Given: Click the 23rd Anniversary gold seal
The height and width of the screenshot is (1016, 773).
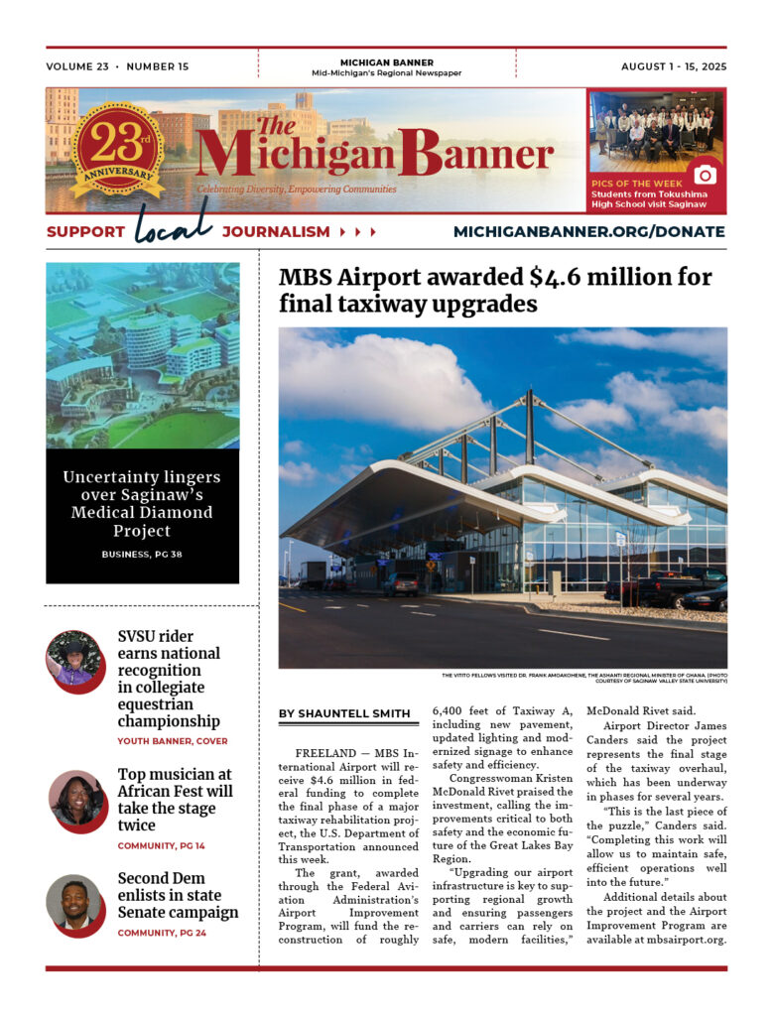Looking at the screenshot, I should coord(117,150).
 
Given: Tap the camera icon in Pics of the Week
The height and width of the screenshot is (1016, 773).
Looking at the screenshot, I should coord(705,175).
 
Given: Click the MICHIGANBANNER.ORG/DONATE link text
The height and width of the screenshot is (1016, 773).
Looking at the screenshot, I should coord(588,232).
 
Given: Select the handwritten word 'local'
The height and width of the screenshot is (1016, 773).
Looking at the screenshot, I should coord(174,223).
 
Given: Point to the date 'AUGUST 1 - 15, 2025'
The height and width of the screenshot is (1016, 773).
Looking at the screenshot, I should coord(674,66).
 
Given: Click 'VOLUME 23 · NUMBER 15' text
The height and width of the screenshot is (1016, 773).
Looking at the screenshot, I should coord(117,66).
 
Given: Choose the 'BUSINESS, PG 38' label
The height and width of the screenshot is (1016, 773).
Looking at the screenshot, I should coord(142,555).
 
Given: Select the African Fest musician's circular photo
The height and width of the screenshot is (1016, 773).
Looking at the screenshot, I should coord(77,800).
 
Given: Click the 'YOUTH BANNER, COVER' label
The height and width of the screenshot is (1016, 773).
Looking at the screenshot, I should coord(173,741).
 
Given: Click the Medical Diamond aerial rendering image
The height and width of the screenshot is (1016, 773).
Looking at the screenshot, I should coord(142,355).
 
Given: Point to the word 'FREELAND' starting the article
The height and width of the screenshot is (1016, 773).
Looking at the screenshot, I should coord(318,754).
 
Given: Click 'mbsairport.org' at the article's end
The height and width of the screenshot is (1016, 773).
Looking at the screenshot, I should coord(679,940).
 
